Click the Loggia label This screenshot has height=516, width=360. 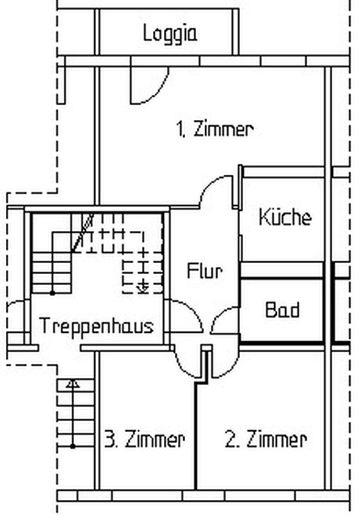[170, 34]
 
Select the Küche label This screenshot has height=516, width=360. [285, 217]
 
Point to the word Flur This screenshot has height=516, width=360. [205, 271]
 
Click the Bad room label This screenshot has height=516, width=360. [283, 310]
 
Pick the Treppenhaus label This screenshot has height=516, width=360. [96, 326]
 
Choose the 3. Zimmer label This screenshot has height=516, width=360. [145, 440]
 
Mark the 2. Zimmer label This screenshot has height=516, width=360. [266, 440]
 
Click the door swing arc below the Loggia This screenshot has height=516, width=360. [159, 93]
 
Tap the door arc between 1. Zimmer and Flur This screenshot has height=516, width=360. [208, 184]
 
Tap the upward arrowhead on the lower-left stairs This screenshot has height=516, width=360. [72, 384]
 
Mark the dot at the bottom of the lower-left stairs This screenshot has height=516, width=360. [72, 446]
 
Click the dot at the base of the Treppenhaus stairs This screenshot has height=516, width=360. [52, 293]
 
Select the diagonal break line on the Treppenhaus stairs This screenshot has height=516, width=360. [83, 233]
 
